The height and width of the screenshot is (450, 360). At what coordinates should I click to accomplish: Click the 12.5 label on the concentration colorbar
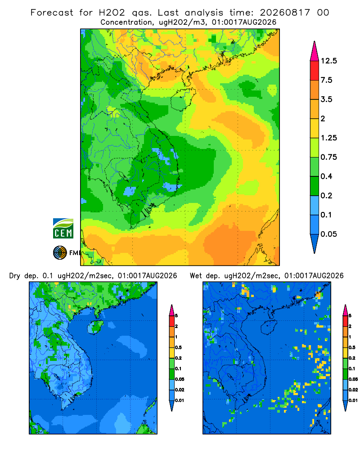coord(328,61)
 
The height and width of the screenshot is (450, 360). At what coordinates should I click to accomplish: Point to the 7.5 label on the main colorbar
coord(326,80)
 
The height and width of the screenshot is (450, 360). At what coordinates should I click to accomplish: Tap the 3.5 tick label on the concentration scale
coord(326,99)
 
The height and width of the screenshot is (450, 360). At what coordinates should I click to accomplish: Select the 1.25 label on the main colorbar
coord(328,138)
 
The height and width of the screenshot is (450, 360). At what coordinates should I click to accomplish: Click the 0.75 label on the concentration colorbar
coord(328,157)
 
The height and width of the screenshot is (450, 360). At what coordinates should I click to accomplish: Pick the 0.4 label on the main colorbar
coord(326,176)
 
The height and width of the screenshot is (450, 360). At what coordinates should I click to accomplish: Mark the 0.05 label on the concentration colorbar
coord(328,234)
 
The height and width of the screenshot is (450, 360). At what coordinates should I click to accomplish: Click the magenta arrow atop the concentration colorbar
coord(315,52)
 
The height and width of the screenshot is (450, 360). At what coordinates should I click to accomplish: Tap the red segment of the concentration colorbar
coord(315,71)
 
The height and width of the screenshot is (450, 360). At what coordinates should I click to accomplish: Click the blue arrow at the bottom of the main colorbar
coord(315,243)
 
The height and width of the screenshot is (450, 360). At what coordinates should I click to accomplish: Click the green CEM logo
coord(63,229)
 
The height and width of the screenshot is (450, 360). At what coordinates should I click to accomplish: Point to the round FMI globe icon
coord(60,253)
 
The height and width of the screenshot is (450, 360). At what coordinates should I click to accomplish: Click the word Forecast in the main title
coord(52,13)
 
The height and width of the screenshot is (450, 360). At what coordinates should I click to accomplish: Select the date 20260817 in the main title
coord(285,13)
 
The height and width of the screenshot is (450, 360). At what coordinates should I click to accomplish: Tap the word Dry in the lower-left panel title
coord(15,276)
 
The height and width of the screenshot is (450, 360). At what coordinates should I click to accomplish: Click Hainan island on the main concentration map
coord(183,99)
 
